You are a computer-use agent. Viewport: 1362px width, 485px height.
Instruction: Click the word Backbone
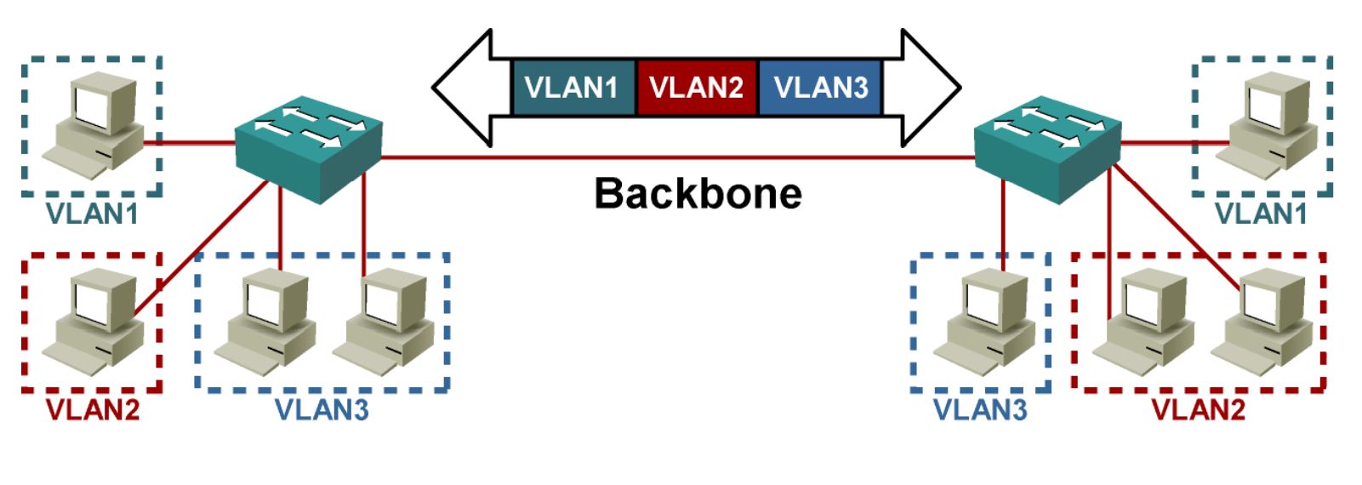[698, 193]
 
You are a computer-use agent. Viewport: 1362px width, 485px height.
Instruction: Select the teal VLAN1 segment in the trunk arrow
[572, 87]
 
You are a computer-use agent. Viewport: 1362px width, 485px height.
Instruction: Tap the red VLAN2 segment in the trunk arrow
[696, 87]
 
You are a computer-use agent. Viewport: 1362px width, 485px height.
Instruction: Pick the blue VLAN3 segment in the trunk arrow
[820, 87]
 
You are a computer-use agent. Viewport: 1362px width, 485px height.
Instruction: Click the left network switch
[309, 148]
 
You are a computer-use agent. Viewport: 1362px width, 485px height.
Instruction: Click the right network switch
[1047, 148]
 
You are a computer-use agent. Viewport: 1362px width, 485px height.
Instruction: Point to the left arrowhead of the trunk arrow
[464, 87]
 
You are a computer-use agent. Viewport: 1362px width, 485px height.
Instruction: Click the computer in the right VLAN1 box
[1267, 125]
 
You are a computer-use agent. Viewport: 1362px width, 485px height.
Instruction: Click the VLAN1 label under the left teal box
[93, 214]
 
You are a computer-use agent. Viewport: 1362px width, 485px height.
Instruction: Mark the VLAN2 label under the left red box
[93, 409]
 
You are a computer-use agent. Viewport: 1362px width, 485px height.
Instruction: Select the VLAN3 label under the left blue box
[322, 409]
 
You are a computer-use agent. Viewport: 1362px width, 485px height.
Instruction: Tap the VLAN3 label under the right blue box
[980, 409]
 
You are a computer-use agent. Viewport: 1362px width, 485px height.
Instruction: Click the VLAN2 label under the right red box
[1198, 409]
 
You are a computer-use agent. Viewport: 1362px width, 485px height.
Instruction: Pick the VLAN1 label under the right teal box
[1261, 214]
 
